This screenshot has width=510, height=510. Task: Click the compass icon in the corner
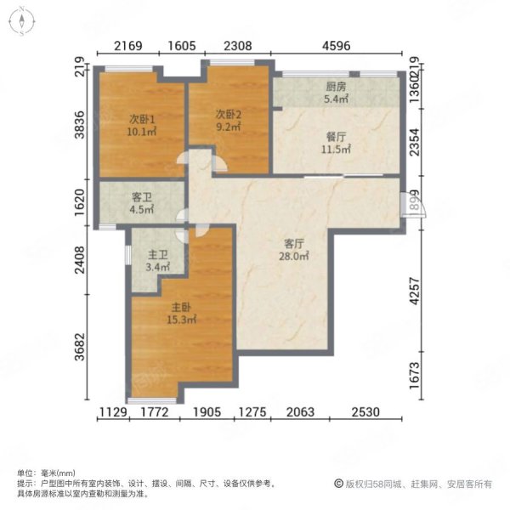22,21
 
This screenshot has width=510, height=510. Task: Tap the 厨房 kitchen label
336,87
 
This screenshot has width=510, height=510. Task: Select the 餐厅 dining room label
336,137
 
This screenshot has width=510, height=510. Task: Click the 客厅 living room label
294,244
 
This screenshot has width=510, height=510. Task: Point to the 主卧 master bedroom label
181,307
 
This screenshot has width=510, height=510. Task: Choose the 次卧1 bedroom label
142,119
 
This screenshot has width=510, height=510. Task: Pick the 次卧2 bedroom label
229,114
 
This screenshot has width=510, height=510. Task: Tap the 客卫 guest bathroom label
142,197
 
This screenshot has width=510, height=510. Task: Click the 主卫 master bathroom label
158,254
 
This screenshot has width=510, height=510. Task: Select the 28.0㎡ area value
294,257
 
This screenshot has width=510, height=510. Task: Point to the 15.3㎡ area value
181,320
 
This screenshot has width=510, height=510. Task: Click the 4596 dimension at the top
337,46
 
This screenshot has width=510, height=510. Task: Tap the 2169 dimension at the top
127,46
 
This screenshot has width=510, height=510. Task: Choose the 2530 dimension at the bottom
365,412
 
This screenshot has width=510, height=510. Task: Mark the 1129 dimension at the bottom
113,412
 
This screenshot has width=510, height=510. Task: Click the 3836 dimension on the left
80,125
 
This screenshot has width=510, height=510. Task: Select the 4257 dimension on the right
415,291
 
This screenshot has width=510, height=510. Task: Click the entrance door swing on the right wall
413,204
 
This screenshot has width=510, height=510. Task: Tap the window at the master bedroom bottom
152,400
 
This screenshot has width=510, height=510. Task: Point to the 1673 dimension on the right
415,376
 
